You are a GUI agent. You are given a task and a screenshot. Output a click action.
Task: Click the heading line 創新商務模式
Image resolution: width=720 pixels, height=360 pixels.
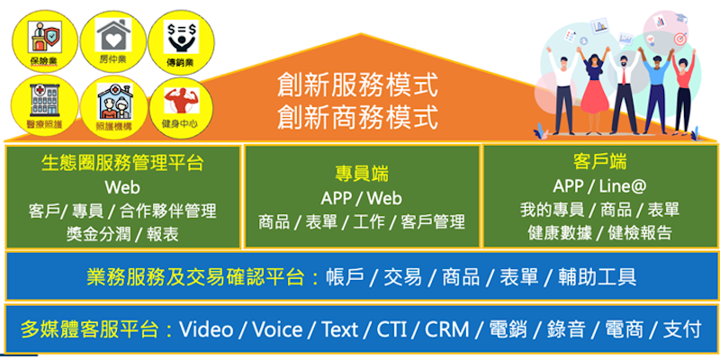(357, 117)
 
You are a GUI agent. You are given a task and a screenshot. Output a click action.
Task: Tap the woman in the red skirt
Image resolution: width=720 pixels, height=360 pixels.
(596, 92)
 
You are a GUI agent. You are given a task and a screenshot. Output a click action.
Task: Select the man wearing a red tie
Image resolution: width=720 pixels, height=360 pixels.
(623, 92)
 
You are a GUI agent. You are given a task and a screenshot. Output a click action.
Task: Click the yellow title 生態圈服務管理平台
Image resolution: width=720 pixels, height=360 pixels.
(122, 163)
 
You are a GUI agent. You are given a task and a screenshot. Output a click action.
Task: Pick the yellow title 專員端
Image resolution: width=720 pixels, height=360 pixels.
(362, 175)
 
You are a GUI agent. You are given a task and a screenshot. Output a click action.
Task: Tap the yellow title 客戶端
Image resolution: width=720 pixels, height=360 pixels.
(599, 162)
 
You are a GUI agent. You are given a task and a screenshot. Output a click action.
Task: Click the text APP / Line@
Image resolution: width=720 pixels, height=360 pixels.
(599, 186)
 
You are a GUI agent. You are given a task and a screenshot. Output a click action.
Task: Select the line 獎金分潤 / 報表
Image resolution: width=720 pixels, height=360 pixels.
(122, 234)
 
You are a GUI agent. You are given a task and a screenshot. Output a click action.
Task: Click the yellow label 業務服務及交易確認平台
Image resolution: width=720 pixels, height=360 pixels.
(195, 276)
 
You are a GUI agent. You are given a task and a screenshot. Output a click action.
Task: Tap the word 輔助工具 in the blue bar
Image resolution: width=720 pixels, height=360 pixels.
(598, 276)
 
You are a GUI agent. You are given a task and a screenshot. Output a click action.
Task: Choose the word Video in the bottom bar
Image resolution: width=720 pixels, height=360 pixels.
(206, 329)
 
